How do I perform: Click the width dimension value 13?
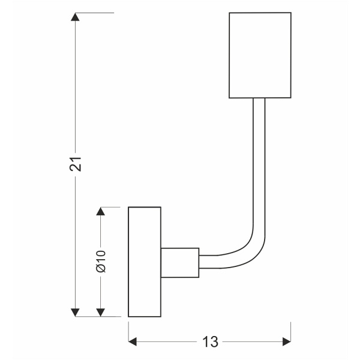209,342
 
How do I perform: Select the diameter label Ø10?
101,262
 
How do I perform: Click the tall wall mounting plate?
145,262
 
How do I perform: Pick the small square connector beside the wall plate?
179,262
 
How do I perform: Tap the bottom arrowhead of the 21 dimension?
76,312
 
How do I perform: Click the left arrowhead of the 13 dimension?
133,342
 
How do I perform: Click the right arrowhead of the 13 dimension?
286,342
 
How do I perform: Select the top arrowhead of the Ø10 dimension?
101,212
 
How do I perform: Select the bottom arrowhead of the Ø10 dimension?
101,312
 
